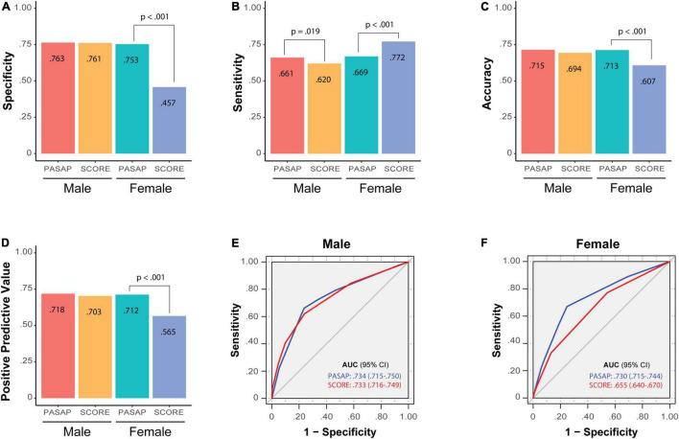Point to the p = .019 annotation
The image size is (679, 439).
coord(304,32)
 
